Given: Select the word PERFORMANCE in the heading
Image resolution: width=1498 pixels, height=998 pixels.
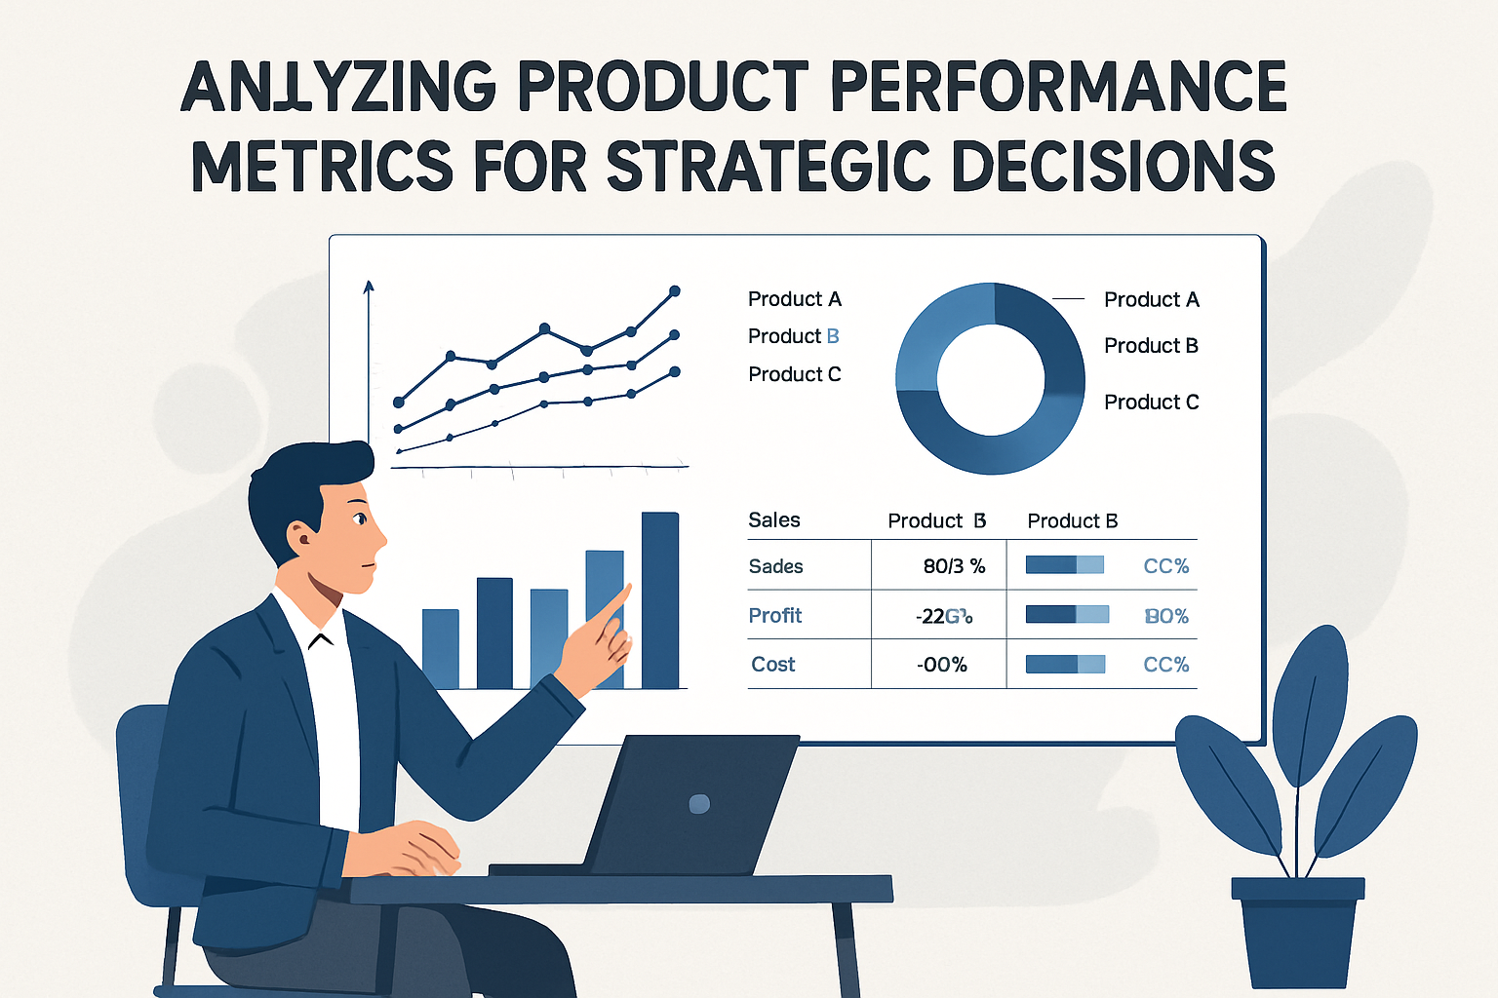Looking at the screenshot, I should [1058, 87].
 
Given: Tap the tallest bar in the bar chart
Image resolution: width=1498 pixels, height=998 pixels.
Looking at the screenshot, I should [660, 599].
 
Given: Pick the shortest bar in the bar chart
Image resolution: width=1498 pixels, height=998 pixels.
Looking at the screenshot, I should [440, 648].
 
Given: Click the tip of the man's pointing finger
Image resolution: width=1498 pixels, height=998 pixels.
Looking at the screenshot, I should [626, 588].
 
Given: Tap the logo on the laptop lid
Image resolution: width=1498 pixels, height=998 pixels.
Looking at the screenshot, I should [699, 804].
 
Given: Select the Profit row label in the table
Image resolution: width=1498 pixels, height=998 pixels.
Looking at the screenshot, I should [774, 616].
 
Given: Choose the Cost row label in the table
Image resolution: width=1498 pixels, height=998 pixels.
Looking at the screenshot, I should [772, 665].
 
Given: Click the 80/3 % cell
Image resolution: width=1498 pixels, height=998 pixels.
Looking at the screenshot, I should [953, 566].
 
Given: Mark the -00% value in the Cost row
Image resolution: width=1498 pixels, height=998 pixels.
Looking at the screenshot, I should [942, 665].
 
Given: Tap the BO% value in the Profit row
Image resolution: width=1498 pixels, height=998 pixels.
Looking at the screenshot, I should [1166, 616].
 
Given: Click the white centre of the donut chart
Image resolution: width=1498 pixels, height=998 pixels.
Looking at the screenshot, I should [990, 379].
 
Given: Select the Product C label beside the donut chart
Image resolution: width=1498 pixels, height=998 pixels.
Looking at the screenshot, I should [1151, 403].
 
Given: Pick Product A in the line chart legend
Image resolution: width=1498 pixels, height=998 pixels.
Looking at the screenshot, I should [794, 299].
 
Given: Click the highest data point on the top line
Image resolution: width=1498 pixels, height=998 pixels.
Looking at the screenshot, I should [674, 291].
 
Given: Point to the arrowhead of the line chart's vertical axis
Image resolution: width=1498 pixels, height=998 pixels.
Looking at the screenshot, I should [369, 287].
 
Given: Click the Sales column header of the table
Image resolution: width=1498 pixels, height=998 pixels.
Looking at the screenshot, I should [773, 520].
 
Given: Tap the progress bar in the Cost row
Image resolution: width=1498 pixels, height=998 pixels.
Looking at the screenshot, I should [1065, 665].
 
